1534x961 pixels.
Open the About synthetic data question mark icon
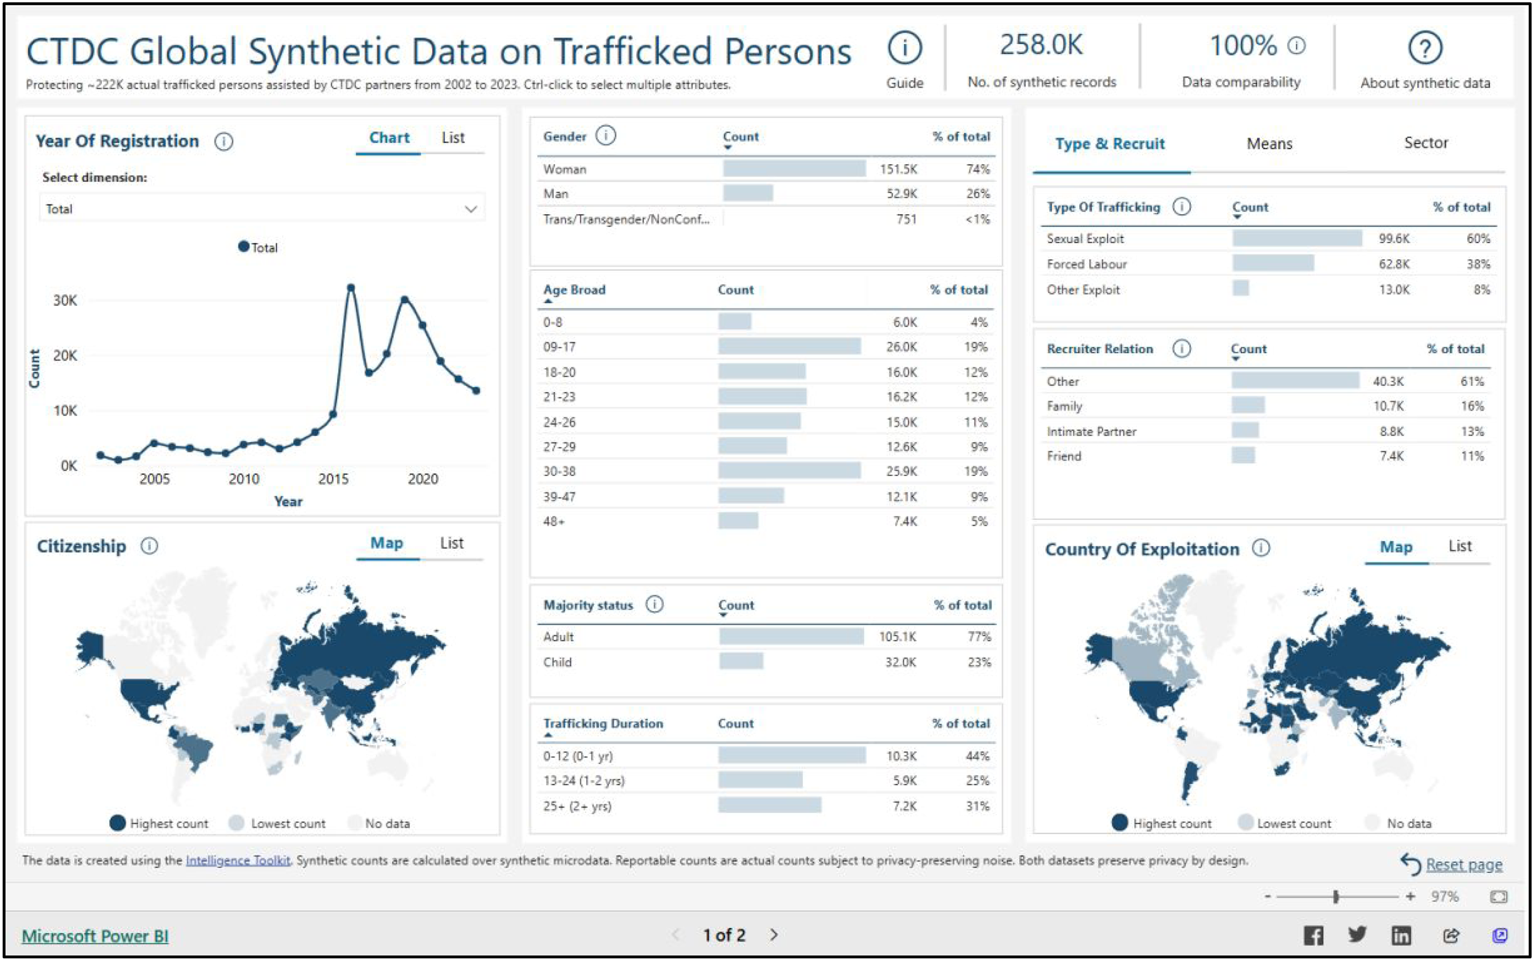pyautogui.click(x=1425, y=48)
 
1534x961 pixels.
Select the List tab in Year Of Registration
pyautogui.click(x=453, y=138)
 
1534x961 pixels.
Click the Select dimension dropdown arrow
pyautogui.click(x=471, y=209)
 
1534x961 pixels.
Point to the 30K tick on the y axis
pyautogui.click(x=65, y=301)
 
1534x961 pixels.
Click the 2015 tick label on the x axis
pyautogui.click(x=333, y=479)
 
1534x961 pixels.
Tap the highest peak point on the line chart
pyautogui.click(x=351, y=288)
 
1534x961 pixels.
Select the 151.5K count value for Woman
pyautogui.click(x=898, y=169)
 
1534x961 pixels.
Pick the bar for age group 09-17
pyautogui.click(x=789, y=346)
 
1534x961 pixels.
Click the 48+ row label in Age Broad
pyautogui.click(x=553, y=521)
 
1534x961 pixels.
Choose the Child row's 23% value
pyautogui.click(x=979, y=662)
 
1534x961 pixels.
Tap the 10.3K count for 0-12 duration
pyautogui.click(x=901, y=756)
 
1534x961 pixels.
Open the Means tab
pyautogui.click(x=1269, y=144)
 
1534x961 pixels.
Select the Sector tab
pyautogui.click(x=1425, y=143)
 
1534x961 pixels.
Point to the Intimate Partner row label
pyautogui.click(x=1091, y=431)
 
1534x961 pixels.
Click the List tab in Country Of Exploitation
pyautogui.click(x=1460, y=546)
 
